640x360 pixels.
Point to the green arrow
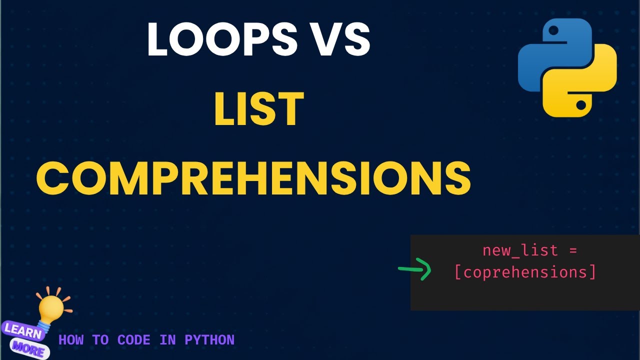pos(415,270)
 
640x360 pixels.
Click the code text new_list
pos(520,250)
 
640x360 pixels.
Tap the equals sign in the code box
pos(573,250)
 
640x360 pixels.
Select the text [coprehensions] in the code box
pos(525,272)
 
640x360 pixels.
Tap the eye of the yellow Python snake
pos(581,105)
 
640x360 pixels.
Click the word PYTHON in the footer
pos(209,340)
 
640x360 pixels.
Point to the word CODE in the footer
pos(134,340)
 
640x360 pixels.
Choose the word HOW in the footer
pos(70,340)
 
